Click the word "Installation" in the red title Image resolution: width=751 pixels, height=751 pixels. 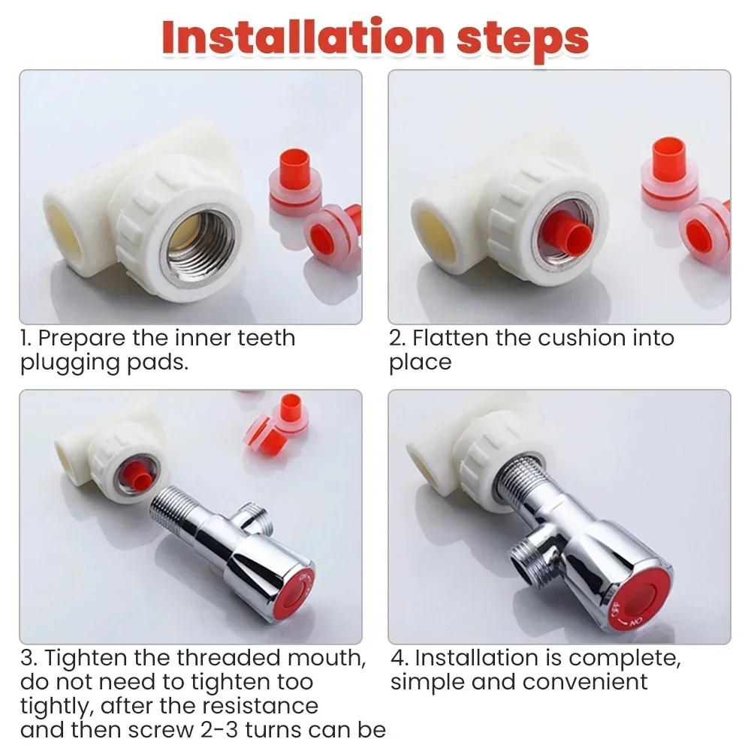click(303, 38)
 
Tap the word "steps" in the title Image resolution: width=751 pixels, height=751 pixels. click(522, 41)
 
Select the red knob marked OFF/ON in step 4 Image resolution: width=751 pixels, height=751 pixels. click(636, 605)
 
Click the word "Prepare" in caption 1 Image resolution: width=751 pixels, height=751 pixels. click(81, 339)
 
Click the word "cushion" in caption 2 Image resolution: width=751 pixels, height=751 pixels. click(581, 338)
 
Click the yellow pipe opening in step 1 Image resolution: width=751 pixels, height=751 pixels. click(62, 234)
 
